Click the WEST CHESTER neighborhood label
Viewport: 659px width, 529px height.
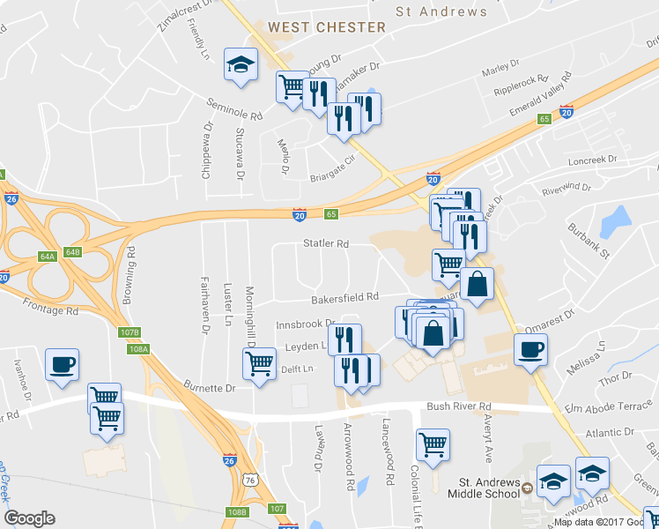[x=327, y=27]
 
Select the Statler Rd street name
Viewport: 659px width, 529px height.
[x=326, y=243]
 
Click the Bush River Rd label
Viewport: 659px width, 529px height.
[x=459, y=407]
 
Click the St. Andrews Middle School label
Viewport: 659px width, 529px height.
[x=490, y=488]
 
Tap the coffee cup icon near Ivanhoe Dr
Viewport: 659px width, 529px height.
[x=62, y=365]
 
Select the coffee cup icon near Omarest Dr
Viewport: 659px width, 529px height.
[x=530, y=349]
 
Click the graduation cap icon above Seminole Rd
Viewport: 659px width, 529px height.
[x=240, y=64]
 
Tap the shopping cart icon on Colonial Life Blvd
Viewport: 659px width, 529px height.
[x=433, y=445]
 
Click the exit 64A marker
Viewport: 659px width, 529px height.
[x=48, y=256]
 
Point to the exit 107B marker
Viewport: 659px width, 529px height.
[x=130, y=332]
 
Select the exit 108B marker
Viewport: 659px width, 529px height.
[x=236, y=511]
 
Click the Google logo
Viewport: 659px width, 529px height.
[x=29, y=518]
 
